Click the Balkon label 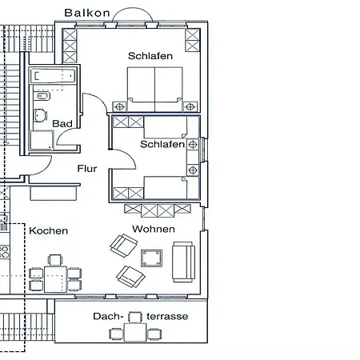[x=87, y=13]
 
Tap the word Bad [x=62, y=124]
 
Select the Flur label [x=87, y=169]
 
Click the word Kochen [x=48, y=230]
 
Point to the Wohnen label [x=154, y=229]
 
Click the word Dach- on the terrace [x=108, y=317]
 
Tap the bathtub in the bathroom [x=53, y=75]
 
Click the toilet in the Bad [x=40, y=116]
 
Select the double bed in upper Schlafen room [x=155, y=90]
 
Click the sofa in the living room [x=183, y=262]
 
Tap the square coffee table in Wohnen [x=151, y=258]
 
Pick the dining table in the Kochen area [x=55, y=279]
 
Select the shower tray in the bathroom [x=42, y=140]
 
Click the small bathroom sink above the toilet [x=42, y=96]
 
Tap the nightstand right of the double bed [x=190, y=107]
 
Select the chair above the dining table [x=55, y=260]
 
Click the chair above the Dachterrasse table [x=135, y=318]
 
